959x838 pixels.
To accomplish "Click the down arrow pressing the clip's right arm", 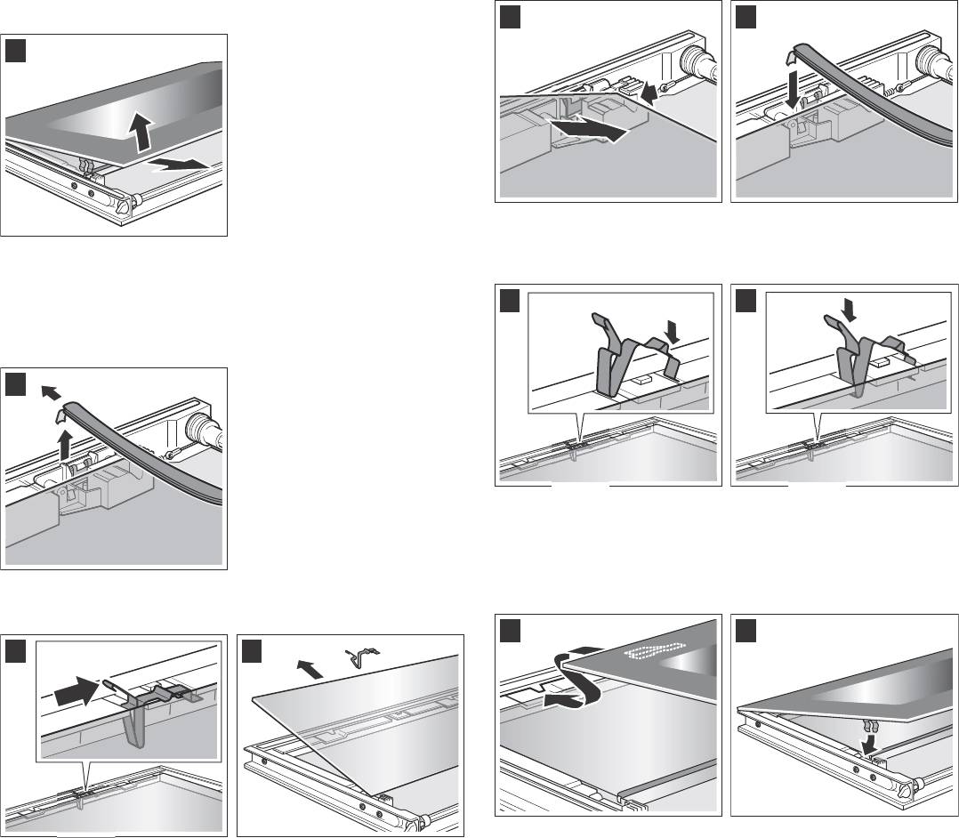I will pyautogui.click(x=672, y=332).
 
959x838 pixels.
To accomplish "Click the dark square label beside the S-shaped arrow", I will pyautogui.click(x=509, y=630).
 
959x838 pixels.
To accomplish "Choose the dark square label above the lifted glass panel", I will pyautogui.click(x=16, y=50).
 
